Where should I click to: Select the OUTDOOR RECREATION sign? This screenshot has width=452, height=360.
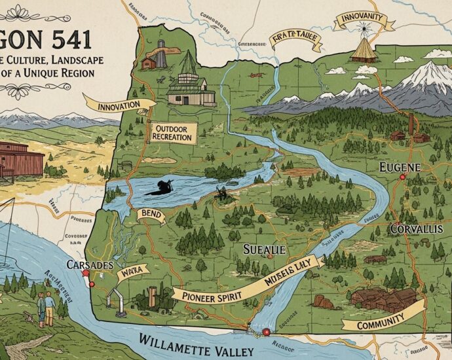pyautogui.click(x=172, y=133)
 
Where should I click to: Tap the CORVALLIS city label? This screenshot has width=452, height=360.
pyautogui.click(x=420, y=229)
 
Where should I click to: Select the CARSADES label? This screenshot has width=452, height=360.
pyautogui.click(x=90, y=266)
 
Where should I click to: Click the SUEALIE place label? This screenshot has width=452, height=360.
pyautogui.click(x=265, y=249)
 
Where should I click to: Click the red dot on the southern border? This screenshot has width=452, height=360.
pyautogui.click(x=265, y=333)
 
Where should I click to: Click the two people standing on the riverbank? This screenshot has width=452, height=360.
pyautogui.click(x=45, y=308)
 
